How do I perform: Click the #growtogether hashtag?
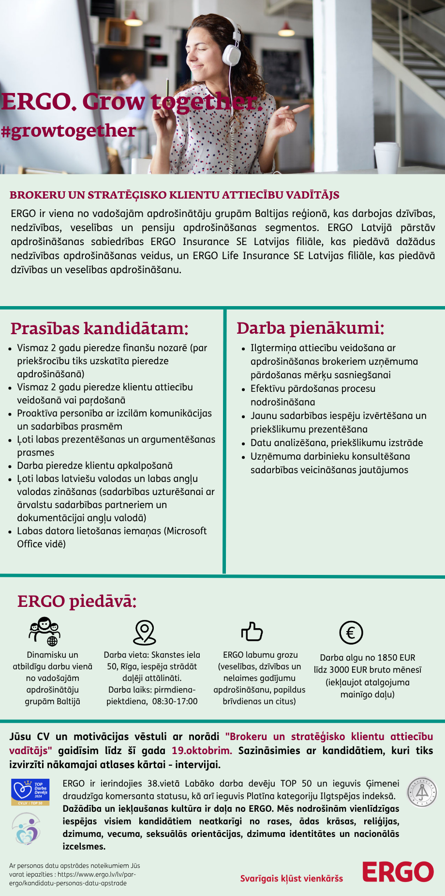click(x=68, y=131)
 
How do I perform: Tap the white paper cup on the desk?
click(x=386, y=157)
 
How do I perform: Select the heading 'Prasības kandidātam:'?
click(x=99, y=328)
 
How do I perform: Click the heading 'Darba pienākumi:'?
click(x=310, y=328)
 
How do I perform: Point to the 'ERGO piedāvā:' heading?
click(x=77, y=601)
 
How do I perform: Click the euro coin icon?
click(x=351, y=633)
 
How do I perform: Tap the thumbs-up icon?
click(x=252, y=632)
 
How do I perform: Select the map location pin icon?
click(x=144, y=633)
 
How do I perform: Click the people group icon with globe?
click(x=44, y=632)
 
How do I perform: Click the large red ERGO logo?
click(x=398, y=872)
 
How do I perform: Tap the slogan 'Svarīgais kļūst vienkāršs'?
click(x=291, y=878)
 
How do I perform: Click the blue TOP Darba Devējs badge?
click(x=30, y=792)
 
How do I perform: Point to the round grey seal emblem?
click(x=421, y=792)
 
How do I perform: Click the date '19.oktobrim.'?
click(x=202, y=751)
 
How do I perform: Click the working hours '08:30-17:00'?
click(x=175, y=701)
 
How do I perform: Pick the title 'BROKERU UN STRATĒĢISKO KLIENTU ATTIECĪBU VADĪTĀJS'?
click(x=174, y=195)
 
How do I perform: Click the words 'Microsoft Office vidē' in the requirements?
click(x=112, y=537)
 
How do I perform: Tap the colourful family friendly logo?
click(x=27, y=829)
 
